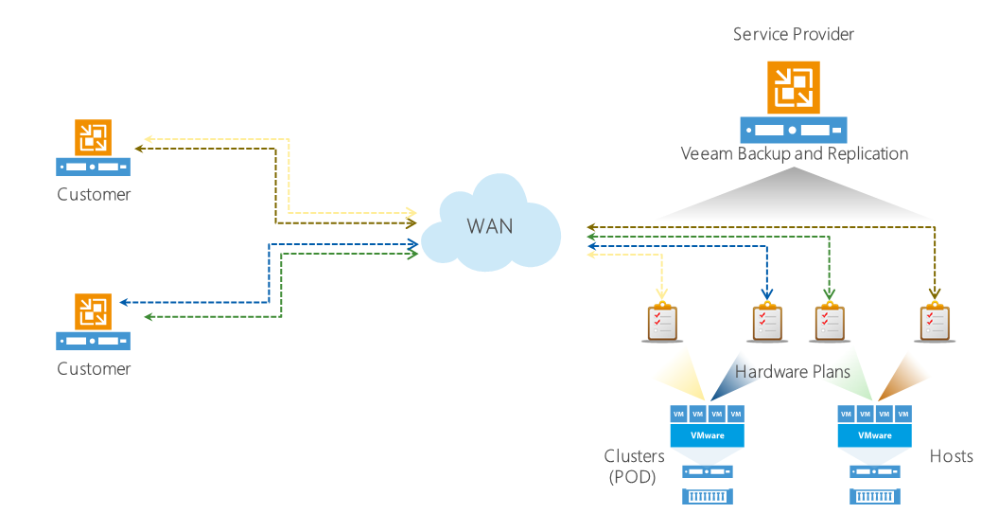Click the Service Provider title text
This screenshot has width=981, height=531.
(x=794, y=34)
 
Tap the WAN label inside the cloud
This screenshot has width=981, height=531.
(x=490, y=227)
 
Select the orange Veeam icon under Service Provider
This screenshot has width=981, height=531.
(x=794, y=86)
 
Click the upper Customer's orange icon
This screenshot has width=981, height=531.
(x=93, y=138)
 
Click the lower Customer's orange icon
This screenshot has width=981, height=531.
(x=93, y=311)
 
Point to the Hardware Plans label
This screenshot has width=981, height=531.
(x=793, y=372)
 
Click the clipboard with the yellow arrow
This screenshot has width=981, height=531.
(x=662, y=322)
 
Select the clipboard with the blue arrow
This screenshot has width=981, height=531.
(x=767, y=322)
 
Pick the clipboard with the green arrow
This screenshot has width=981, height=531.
(x=829, y=322)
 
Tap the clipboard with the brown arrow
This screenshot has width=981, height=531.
(x=935, y=322)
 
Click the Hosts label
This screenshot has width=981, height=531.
(x=951, y=456)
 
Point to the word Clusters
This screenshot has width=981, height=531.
(x=635, y=456)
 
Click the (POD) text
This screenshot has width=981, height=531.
(x=632, y=477)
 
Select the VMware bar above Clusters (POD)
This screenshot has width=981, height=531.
(x=707, y=435)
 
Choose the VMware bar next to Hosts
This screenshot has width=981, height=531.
(x=875, y=435)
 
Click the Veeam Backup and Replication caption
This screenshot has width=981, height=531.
(x=795, y=153)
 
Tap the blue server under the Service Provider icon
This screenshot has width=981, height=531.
(x=794, y=130)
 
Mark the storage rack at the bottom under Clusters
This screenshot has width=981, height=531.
(x=707, y=496)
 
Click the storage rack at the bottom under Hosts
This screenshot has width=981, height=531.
(x=875, y=496)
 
